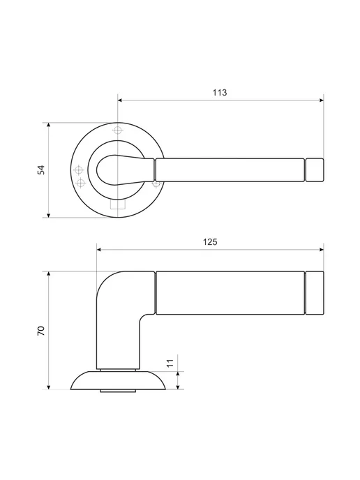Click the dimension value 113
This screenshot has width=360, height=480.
tap(220, 93)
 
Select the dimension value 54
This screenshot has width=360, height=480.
tap(41, 170)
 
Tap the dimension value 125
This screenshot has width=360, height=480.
tap(210, 242)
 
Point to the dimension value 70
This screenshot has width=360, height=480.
tap(41, 331)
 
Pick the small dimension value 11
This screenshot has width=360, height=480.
tap(170, 363)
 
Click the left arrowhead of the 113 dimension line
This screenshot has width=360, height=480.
tap(120, 100)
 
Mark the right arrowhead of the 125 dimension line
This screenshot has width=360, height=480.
tap(321, 250)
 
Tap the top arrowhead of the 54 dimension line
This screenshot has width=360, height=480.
tap(48, 125)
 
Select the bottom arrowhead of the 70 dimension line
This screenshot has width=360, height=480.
tap(48, 387)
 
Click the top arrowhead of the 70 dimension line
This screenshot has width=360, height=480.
tap(48, 273)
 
